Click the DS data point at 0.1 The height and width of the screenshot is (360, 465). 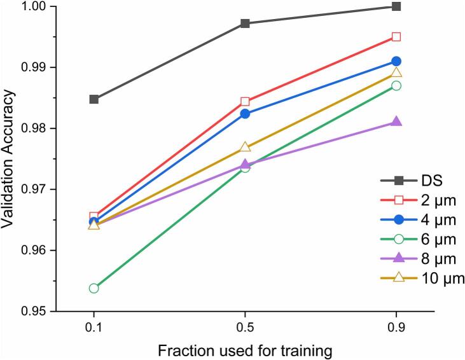[x=94, y=99]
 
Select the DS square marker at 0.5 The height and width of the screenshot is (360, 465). [x=245, y=24]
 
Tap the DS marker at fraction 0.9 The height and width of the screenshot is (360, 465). [x=396, y=6]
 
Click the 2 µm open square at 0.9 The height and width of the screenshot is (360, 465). [x=396, y=37]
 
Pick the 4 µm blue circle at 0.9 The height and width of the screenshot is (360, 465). [x=396, y=62]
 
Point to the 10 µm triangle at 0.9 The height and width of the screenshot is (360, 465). [x=396, y=73]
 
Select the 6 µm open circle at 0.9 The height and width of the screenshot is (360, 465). [x=396, y=86]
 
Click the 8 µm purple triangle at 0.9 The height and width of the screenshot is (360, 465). [x=396, y=121]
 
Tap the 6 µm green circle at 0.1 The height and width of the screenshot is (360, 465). [x=94, y=288]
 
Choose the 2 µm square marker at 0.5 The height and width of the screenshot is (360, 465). [x=245, y=102]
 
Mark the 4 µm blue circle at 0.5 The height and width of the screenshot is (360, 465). [x=245, y=114]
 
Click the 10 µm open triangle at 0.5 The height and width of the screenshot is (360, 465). [x=245, y=146]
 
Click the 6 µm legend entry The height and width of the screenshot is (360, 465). [x=418, y=239]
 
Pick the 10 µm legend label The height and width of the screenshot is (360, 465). [x=443, y=279]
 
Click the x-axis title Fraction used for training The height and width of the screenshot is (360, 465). [x=245, y=351]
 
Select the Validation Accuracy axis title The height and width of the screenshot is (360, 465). [x=8, y=158]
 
